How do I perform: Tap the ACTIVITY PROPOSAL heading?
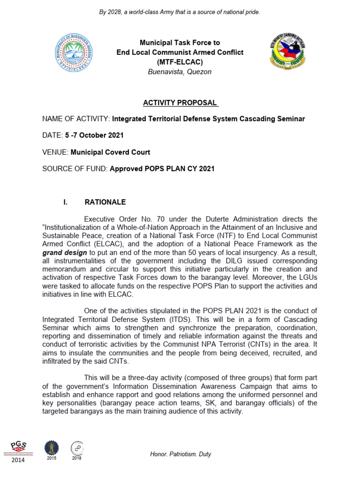pyautogui.click(x=180, y=103)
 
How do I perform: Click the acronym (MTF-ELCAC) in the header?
pyautogui.click(x=180, y=62)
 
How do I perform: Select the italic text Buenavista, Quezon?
pyautogui.click(x=180, y=72)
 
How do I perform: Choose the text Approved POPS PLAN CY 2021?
pyautogui.click(x=162, y=169)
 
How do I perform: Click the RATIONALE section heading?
pyautogui.click(x=105, y=202)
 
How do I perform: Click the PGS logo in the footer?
pyautogui.click(x=20, y=446)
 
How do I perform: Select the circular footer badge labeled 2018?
pyautogui.click(x=77, y=448)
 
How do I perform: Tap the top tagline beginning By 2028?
pyautogui.click(x=180, y=11)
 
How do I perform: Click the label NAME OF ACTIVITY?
pyautogui.click(x=76, y=119)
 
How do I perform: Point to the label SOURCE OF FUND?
pyautogui.click(x=75, y=169)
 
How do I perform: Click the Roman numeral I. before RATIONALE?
pyautogui.click(x=66, y=202)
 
